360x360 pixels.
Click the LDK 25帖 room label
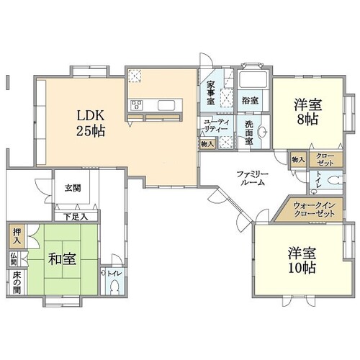point(91,123)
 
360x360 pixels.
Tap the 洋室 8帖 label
point(308,112)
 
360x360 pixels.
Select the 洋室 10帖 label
point(302,261)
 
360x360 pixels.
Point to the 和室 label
point(63,259)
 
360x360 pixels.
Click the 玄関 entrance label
point(73,188)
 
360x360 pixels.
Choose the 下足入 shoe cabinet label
point(76,217)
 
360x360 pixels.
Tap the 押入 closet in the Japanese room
point(17,236)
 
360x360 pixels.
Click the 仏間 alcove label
point(14,258)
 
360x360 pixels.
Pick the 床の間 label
point(17,283)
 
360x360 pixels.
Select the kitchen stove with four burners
point(136,105)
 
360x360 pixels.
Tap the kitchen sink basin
point(166,105)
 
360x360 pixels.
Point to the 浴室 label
point(250,100)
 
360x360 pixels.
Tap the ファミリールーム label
point(252,178)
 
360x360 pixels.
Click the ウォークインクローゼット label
point(314,209)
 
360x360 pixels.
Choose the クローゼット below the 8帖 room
point(325,160)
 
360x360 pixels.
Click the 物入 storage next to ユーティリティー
point(207,145)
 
